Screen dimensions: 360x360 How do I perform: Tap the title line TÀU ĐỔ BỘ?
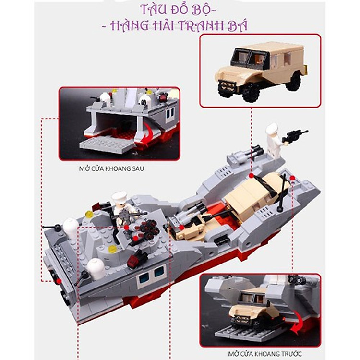pos(180,9)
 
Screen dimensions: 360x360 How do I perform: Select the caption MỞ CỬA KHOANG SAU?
pos(111,168)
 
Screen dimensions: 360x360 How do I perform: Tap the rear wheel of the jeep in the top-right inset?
pos(293,82)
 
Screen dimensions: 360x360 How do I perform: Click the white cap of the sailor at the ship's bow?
pos(272,129)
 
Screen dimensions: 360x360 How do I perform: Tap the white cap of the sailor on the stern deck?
pos(118,196)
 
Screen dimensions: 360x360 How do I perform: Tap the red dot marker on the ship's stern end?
pos(59,281)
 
